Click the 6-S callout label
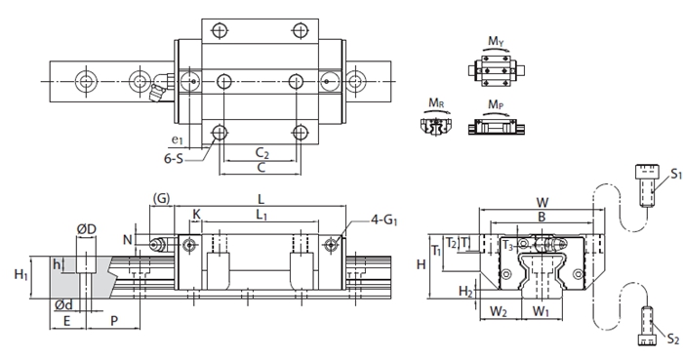174,158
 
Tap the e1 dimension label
178,140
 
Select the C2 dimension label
262,153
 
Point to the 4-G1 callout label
384,220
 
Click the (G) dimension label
161,198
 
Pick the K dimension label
196,215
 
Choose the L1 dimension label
261,215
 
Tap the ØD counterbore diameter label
87,229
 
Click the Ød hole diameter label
63,305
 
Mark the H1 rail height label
20,275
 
